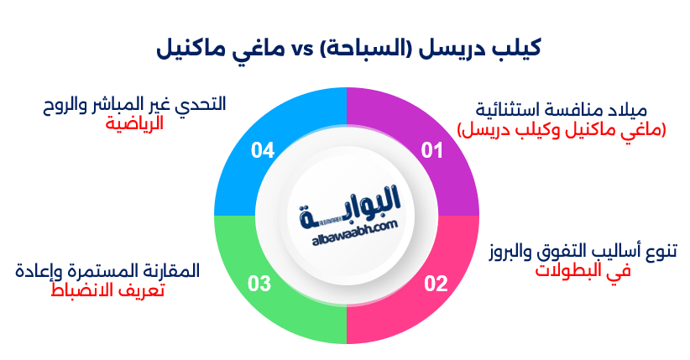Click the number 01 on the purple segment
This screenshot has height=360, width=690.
coord(431,151)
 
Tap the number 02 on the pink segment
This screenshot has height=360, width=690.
coord(435,284)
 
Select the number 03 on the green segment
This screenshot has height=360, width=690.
coord(259,284)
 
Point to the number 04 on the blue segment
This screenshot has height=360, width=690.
coord(263,151)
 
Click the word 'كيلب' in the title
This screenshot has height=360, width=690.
coord(517,47)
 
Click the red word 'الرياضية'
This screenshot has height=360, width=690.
coord(135,123)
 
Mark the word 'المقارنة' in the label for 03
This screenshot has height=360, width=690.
coord(172,271)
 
